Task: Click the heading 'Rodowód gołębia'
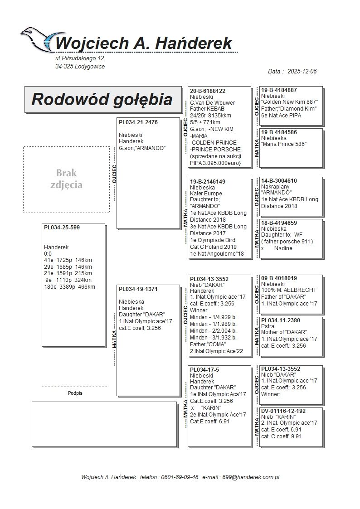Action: [x=102, y=99]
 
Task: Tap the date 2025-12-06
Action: [x=302, y=72]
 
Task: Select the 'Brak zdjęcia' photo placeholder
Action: [x=66, y=179]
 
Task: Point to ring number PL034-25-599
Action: [x=62, y=228]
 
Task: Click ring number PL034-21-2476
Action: [x=138, y=122]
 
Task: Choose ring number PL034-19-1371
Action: [x=138, y=289]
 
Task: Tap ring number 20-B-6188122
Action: [x=208, y=91]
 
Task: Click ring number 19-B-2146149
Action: [x=208, y=181]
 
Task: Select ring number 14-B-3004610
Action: [x=279, y=181]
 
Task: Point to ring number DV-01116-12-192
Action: [x=283, y=411]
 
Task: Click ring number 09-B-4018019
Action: [x=279, y=278]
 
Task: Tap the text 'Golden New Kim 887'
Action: [x=290, y=102]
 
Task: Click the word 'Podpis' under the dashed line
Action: [x=75, y=393]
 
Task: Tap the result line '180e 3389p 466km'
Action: [x=70, y=286]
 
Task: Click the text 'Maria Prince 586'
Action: [x=284, y=144]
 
